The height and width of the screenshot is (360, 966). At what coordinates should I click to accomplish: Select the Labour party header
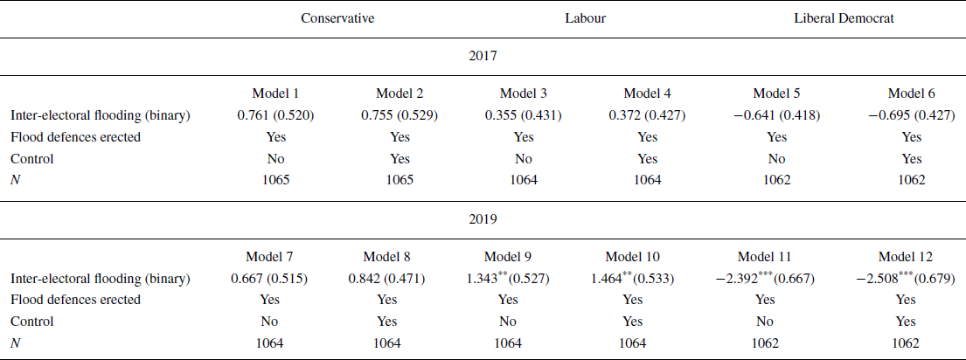pos(585,18)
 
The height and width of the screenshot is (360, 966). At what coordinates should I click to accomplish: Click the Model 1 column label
pos(271,93)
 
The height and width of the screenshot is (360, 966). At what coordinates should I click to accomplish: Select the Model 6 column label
pos(911,93)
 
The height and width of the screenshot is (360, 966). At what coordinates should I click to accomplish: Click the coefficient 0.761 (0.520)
pos(272,114)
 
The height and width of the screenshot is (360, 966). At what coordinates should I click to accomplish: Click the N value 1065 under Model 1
pos(271,179)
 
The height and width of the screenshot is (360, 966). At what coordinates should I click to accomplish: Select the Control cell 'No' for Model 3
pos(524,158)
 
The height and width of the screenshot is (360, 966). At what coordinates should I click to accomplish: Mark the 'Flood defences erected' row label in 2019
pos(75,300)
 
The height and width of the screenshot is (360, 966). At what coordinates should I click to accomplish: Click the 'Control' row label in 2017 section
pos(31,158)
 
